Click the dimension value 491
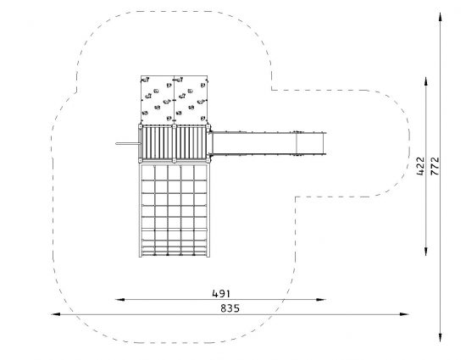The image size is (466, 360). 221,294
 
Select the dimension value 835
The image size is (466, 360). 230,308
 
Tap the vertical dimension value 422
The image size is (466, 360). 420,166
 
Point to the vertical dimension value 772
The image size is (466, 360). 435,166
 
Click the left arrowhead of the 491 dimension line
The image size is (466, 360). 119,300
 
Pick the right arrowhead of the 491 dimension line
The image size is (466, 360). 321,300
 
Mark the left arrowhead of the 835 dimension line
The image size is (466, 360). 56,314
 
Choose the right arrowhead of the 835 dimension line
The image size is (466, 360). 404,314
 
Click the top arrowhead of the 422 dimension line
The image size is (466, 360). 426,81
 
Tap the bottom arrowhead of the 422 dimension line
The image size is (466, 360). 426,251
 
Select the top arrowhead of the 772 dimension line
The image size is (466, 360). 440,17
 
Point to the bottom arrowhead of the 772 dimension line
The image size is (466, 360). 440,337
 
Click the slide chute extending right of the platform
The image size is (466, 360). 269,143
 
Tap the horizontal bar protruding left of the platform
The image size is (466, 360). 128,144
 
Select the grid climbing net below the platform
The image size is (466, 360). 175,210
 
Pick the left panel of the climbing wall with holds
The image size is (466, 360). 158,99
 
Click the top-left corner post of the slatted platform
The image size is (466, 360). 141,126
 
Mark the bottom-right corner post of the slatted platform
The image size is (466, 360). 208,161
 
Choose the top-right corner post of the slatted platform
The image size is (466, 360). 208,126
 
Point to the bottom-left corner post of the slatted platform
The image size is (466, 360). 141,161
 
